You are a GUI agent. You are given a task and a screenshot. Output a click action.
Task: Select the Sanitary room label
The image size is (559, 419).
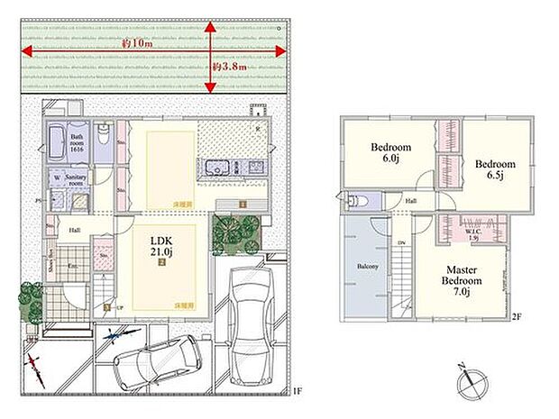(x=75, y=178)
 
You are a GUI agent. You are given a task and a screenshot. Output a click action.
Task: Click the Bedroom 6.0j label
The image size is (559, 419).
(x=391, y=153)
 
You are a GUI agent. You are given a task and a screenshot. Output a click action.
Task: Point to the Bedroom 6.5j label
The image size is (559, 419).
(x=495, y=170)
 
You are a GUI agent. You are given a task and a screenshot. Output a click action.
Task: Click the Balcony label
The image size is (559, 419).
(x=365, y=268)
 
